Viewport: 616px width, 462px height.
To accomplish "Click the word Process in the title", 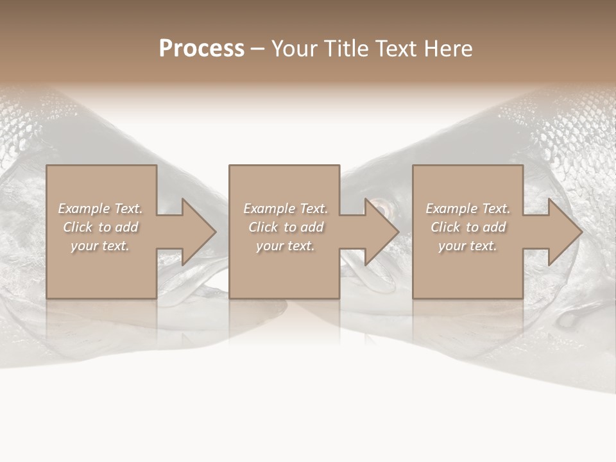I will [201, 49].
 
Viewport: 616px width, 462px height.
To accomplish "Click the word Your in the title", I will [296, 49].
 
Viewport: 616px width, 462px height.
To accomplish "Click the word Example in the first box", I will [83, 209].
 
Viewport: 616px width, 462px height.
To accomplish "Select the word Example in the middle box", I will [269, 209].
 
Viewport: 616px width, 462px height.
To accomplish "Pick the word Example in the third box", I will [451, 209].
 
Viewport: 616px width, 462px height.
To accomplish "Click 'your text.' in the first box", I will [100, 246].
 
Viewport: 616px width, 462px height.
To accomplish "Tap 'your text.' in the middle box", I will [286, 246].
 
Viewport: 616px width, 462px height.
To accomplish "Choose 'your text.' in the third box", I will [468, 246].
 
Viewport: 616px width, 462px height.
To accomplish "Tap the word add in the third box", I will [493, 227].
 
